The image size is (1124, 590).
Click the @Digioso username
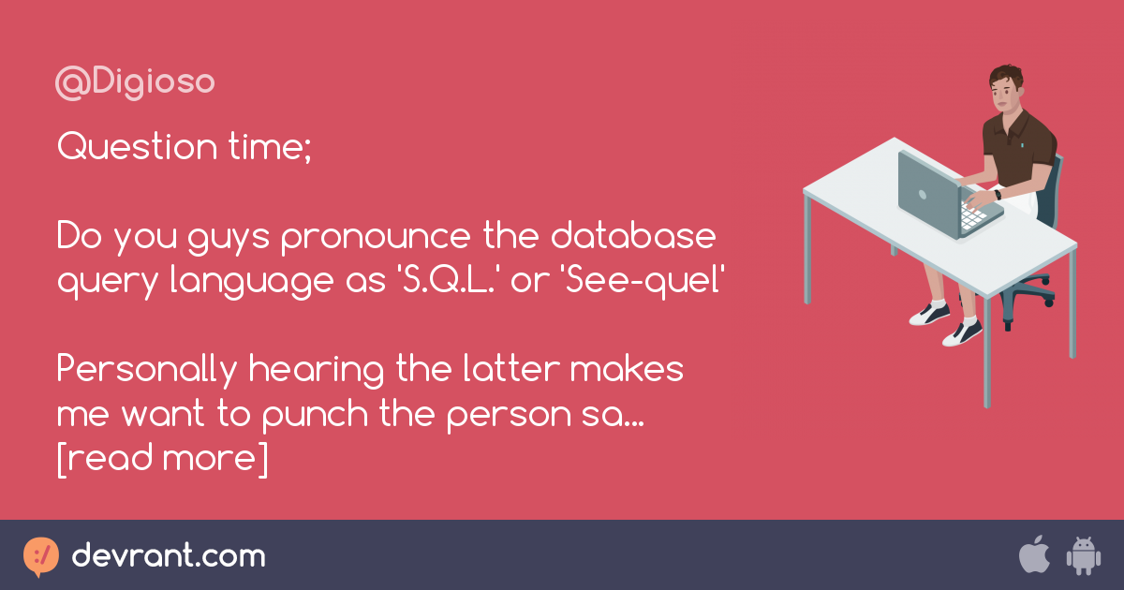click(136, 83)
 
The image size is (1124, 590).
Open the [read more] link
click(162, 459)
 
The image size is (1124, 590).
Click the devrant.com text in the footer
click(169, 556)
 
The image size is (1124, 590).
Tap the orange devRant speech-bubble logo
click(41, 556)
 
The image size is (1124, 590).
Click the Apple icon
click(1033, 555)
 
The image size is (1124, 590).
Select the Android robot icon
click(1082, 555)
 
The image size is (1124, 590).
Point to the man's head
click(1006, 86)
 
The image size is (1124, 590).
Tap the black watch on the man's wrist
click(998, 195)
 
